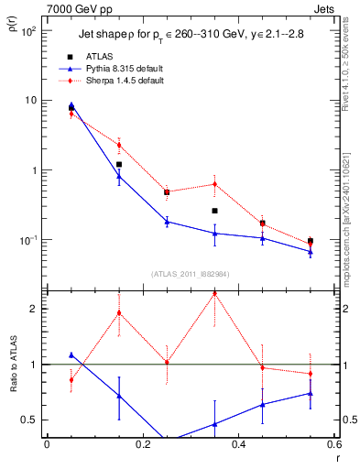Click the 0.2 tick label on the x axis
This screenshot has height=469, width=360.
(142, 444)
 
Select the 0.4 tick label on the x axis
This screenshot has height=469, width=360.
(238, 444)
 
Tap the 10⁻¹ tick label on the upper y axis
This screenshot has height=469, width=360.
(29, 240)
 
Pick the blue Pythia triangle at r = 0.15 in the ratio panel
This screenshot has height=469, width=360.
(118, 396)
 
